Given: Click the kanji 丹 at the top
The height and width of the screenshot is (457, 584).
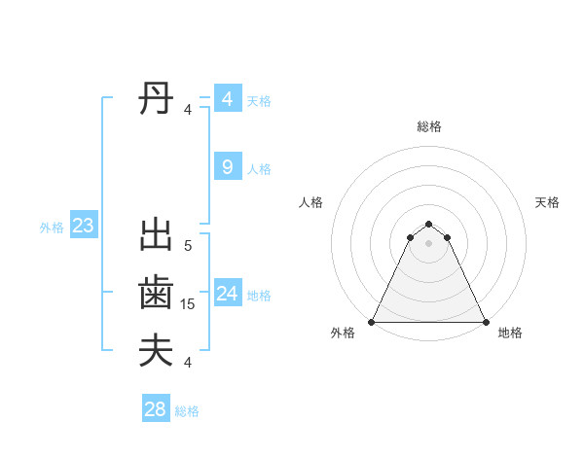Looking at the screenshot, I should [156, 99].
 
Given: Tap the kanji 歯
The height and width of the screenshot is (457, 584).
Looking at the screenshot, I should [156, 293].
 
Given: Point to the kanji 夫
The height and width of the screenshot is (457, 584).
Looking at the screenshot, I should [156, 350].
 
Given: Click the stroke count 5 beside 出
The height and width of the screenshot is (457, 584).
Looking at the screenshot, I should [188, 246].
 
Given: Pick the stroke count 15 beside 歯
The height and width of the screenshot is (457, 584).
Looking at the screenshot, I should [188, 304].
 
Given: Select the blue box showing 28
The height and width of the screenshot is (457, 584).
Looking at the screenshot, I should [156, 409].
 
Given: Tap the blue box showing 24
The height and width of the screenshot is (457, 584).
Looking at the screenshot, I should [228, 294].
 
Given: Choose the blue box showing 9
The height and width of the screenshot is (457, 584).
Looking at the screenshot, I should [228, 167].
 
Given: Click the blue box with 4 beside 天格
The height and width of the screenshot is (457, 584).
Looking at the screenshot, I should [228, 99].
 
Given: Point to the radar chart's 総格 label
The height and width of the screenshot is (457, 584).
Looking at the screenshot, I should [429, 126].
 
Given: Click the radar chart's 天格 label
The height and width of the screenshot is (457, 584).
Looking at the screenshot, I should [547, 202].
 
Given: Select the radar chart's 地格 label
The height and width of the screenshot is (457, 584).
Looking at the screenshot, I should [510, 333].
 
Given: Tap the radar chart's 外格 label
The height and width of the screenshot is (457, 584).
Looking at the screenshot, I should [343, 333].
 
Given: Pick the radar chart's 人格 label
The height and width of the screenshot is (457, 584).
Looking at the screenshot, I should [310, 202].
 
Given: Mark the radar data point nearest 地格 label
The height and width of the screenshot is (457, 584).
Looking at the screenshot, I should [485, 322].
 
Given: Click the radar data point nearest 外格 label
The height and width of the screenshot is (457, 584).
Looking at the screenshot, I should [373, 322].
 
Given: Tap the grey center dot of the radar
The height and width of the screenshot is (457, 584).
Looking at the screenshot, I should [429, 255].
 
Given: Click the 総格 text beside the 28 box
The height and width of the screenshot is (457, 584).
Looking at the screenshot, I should [187, 411].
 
